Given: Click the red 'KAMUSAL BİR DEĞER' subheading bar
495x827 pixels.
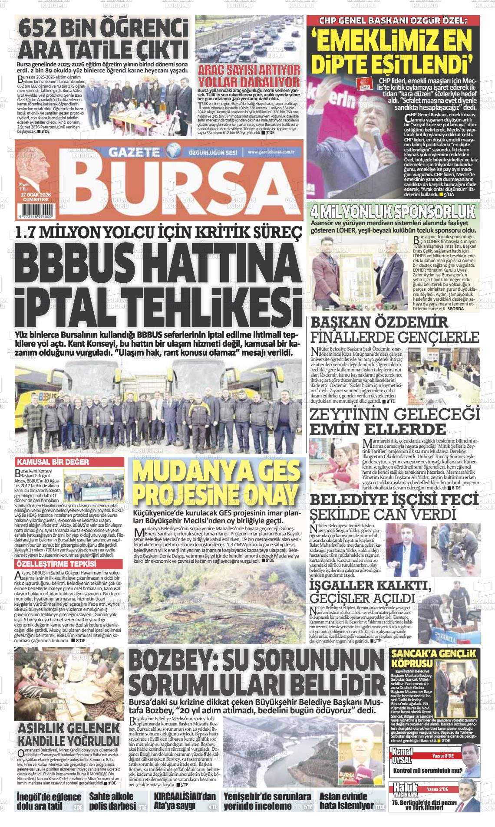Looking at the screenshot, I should coord(53,462).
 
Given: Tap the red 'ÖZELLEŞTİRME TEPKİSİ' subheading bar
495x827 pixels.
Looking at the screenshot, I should coord(55,564).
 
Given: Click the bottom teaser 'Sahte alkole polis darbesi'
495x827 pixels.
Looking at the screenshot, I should coord(112,802).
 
